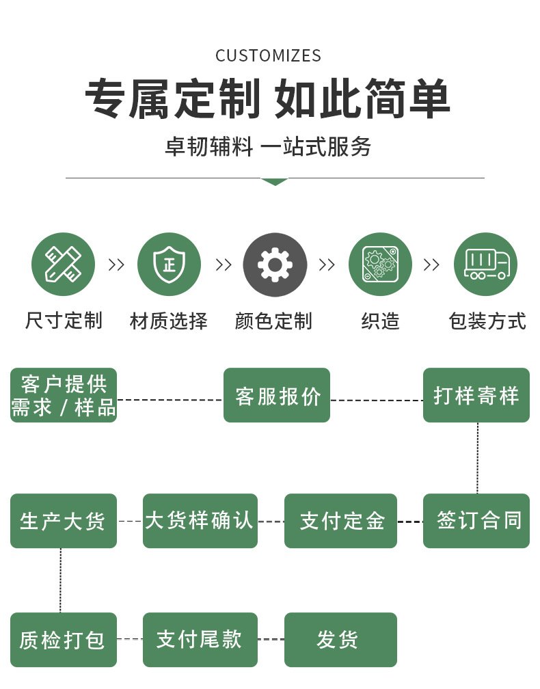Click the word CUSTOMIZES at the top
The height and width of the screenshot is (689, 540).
click(268, 56)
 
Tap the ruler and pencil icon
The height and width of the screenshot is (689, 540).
click(63, 265)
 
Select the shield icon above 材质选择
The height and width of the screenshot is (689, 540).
click(169, 265)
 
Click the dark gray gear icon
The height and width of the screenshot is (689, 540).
click(275, 265)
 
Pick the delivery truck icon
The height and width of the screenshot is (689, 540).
click(485, 265)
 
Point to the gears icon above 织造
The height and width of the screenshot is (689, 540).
click(380, 265)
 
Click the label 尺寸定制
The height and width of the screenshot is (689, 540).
click(64, 321)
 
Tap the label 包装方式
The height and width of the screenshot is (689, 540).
click(487, 321)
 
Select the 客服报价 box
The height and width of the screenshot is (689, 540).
click(277, 395)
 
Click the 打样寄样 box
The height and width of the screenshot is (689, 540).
click(476, 395)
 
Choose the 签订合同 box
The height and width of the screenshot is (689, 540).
click(476, 521)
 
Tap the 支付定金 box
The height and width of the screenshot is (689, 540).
click(340, 521)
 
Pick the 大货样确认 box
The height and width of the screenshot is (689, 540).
click(200, 521)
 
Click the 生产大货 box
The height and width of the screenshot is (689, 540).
click(64, 521)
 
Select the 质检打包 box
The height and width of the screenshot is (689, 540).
click(64, 640)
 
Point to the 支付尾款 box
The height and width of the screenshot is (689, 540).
click(200, 640)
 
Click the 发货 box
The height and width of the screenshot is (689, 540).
click(340, 640)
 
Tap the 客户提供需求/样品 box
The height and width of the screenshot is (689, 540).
click(64, 395)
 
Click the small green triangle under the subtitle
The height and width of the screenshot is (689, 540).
click(274, 182)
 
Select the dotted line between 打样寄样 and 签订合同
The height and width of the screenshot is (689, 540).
click(477, 458)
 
